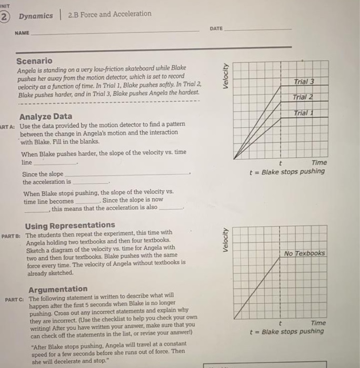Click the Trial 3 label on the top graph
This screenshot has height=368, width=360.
pyautogui.click(x=304, y=81)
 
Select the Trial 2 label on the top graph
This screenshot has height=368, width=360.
pyautogui.click(x=303, y=97)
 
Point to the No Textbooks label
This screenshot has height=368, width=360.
pyautogui.click(x=304, y=253)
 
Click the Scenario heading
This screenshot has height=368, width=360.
pyautogui.click(x=34, y=61)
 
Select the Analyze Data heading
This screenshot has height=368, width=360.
pyautogui.click(x=46, y=116)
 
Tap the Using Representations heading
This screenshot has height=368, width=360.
pyautogui.click(x=70, y=225)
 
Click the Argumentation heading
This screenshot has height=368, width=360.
pyautogui.click(x=58, y=289)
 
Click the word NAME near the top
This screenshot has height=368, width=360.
pyautogui.click(x=22, y=33)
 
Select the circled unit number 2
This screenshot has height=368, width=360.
pyautogui.click(x=4, y=16)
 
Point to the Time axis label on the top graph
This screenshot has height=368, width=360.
pyautogui.click(x=318, y=163)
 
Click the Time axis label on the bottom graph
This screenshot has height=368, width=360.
pyautogui.click(x=318, y=323)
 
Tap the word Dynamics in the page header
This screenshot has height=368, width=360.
pyautogui.click(x=36, y=16)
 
